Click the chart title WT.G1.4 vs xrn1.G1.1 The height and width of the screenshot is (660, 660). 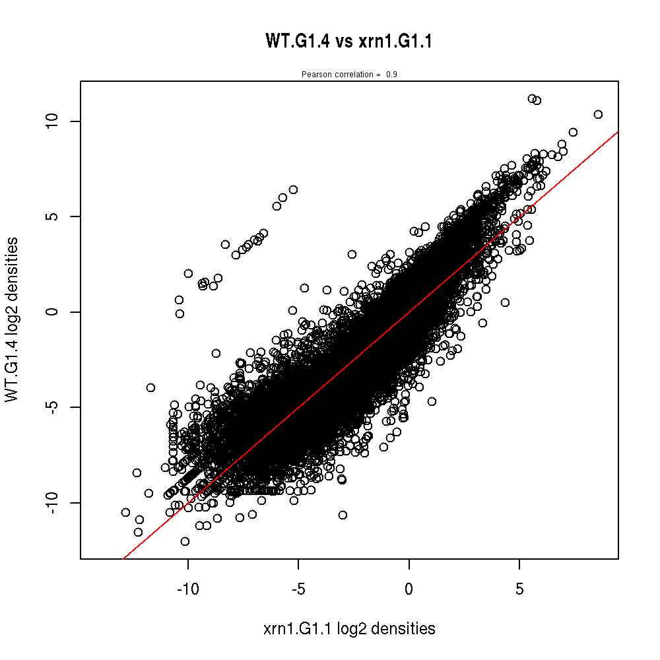[x=348, y=42]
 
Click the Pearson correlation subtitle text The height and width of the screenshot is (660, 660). [x=348, y=75]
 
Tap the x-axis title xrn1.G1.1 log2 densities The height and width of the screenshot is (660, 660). [x=349, y=629]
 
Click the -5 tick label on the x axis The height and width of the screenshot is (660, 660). [x=298, y=588]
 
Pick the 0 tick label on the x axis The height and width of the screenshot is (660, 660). [x=409, y=588]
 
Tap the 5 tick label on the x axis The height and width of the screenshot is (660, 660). [x=519, y=588]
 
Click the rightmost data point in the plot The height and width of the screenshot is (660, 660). [x=598, y=114]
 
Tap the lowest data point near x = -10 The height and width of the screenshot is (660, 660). [x=185, y=541]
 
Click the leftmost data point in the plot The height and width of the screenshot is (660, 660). [x=125, y=512]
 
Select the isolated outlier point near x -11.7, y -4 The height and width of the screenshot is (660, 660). [x=150, y=387]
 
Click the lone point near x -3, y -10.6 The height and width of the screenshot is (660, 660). [x=343, y=515]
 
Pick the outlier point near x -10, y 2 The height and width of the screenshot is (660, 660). [x=188, y=273]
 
